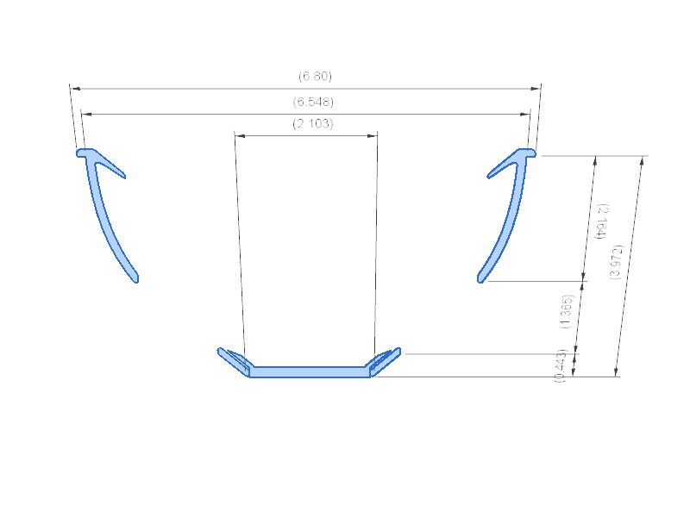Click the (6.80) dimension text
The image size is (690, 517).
coord(315,76)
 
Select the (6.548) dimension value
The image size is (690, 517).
coord(313,102)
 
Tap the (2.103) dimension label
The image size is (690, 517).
coord(313,124)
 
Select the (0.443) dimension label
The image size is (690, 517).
coord(561,366)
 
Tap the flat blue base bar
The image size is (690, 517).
coord(310,372)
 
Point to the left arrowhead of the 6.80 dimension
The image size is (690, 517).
coord(73,88)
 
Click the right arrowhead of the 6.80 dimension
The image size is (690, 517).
coord(537,88)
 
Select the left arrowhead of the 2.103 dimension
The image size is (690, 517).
coord(238,135)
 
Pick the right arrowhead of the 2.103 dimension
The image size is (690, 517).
coord(374,135)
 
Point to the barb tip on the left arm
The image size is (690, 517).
coord(124,175)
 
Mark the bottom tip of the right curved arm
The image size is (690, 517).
coord(481,278)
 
